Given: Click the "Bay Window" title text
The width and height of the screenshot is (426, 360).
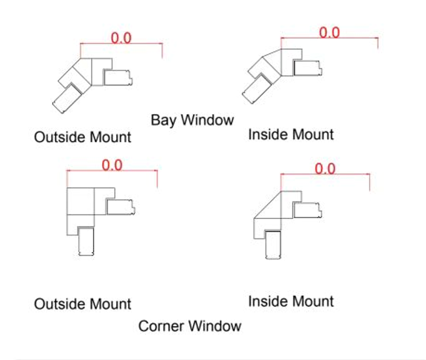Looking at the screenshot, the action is [192, 120].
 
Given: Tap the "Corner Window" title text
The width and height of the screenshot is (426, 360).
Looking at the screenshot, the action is [190, 326].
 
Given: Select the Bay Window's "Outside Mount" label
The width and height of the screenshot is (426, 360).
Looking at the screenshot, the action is [82, 137].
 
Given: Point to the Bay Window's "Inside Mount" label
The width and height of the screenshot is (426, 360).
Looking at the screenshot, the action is [291, 134].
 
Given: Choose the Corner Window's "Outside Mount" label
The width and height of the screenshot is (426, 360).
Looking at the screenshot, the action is [82, 304].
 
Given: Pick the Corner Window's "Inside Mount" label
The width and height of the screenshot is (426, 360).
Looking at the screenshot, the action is [291, 301].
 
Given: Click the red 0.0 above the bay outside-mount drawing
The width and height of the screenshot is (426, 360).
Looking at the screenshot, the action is [121, 37].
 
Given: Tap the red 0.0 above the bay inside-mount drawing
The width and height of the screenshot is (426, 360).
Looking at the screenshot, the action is [329, 32].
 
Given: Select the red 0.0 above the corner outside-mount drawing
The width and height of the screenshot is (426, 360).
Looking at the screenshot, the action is [112, 165].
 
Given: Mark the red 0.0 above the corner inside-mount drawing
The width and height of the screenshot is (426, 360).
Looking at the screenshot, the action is [325, 168].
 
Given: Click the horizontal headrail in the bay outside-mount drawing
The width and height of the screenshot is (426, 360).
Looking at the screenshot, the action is [118, 77].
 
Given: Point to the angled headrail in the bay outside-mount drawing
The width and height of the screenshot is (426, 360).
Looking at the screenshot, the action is [67, 98].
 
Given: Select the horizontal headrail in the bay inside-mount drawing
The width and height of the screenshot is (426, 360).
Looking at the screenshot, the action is [308, 68].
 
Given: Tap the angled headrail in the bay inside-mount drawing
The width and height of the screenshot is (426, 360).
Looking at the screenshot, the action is [257, 89].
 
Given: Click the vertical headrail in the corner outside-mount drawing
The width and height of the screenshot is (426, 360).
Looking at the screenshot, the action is [86, 241].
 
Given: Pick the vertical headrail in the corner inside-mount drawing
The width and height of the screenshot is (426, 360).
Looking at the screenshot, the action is [273, 245].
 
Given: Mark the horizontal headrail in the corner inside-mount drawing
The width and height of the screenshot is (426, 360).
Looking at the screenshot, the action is [308, 210].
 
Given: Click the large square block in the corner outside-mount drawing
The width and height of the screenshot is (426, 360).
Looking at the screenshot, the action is [81, 201].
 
